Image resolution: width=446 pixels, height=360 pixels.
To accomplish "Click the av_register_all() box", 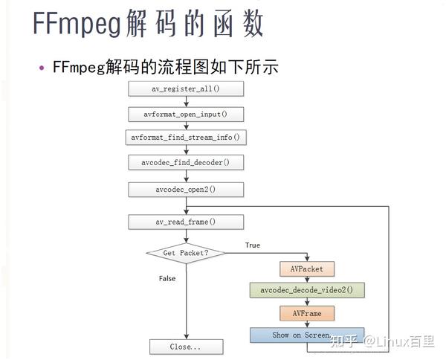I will [185, 89].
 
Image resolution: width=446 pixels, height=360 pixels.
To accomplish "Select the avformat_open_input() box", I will [185, 114].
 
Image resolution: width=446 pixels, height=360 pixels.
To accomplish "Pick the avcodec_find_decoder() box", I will [185, 162].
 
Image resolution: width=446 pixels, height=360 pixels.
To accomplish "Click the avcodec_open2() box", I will [185, 189].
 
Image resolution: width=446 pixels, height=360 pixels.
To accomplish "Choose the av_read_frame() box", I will [185, 222].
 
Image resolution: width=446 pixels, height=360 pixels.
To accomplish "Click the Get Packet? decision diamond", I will [185, 254].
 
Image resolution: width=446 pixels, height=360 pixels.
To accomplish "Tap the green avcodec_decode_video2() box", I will [307, 290].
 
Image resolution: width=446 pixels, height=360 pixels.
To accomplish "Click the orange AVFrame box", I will [307, 313].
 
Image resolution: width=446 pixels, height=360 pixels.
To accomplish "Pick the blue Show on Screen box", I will [306, 335].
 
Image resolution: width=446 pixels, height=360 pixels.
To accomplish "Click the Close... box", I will [185, 347].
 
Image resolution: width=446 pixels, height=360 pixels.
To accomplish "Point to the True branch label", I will [253, 245].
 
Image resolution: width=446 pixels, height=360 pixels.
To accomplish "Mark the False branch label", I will [167, 277].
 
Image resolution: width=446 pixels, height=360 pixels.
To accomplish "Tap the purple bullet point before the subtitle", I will [42, 68].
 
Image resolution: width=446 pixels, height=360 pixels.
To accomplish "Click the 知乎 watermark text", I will [343, 341].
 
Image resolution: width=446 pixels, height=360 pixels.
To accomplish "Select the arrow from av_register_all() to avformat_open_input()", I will [185, 102].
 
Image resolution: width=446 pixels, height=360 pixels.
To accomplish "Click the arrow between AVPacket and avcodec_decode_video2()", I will [307, 279].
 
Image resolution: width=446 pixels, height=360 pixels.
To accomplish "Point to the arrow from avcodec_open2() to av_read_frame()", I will [185, 205].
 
